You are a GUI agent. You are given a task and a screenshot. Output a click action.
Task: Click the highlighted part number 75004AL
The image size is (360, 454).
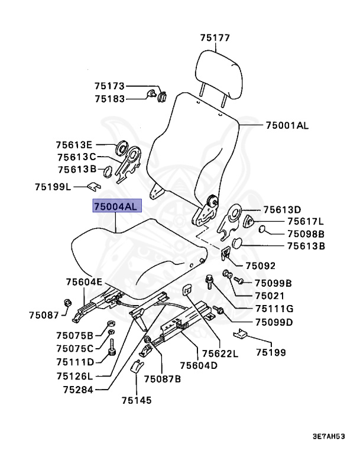click(x=115, y=206)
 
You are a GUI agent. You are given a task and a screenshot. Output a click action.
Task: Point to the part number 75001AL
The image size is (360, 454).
click(x=287, y=125)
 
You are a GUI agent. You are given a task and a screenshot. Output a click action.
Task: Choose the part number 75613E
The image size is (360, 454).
click(x=74, y=145)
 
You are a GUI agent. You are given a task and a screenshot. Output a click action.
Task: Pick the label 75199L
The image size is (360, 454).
click(x=53, y=187)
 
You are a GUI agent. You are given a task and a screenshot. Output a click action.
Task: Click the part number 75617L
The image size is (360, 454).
click(x=306, y=221)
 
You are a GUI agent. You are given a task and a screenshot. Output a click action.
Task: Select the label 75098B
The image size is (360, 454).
click(x=306, y=234)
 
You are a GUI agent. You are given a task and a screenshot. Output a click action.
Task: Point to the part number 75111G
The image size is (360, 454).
click(x=274, y=309)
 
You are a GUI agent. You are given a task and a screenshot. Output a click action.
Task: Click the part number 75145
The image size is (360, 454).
click(x=137, y=401)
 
